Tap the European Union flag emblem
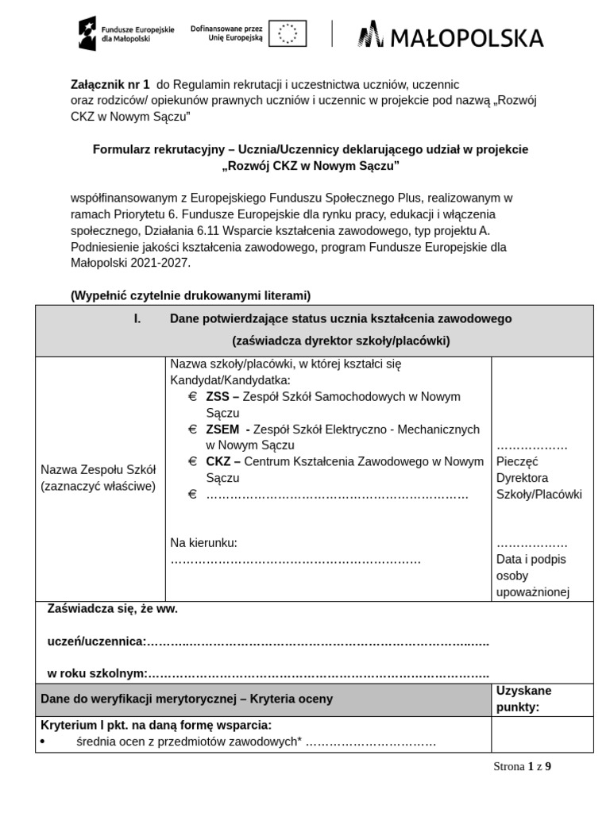[288, 33]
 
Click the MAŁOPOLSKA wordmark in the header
[451, 37]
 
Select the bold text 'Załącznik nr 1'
[110, 84]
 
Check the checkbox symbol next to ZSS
[192, 396]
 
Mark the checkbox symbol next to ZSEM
[192, 429]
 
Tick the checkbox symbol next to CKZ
[192, 461]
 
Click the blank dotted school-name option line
[337, 495]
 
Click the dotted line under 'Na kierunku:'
[295, 560]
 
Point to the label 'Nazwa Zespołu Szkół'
[99, 470]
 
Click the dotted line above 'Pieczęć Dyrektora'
[531, 445]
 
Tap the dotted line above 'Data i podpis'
[531, 544]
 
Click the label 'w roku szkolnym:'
[98, 673]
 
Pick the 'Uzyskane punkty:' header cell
[523, 699]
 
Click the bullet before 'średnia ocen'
[42, 742]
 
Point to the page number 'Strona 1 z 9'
[522, 766]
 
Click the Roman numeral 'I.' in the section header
[137, 318]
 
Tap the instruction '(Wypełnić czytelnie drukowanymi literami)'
[191, 295]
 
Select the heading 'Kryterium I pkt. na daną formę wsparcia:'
[156, 725]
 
